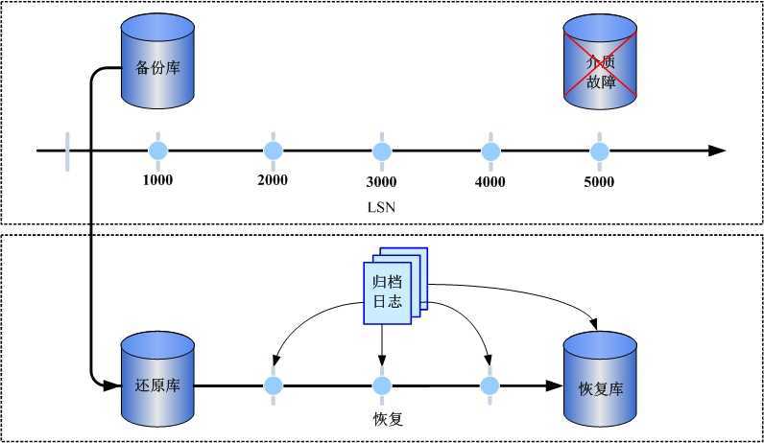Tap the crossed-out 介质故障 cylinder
coord(599,66)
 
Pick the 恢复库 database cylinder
coord(601,385)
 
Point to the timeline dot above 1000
coord(158,151)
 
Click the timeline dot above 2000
coord(274,151)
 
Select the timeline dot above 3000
coord(382,151)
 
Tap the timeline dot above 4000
coord(490,151)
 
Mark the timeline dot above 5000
coord(600,151)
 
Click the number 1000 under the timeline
coord(158,180)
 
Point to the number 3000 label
coord(382,181)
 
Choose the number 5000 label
coord(600,181)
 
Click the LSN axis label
coord(382,206)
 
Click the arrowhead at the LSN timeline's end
coord(717,151)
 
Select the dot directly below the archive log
coord(382,385)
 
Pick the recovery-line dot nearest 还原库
coord(274,385)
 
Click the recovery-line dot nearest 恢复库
coord(490,385)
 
